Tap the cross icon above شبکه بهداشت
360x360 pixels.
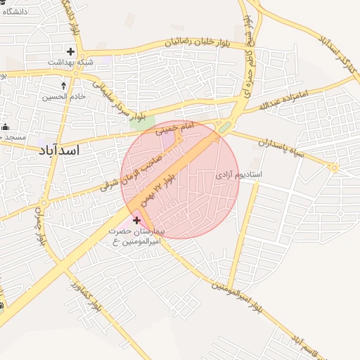[x=70, y=51]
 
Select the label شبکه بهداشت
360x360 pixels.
[x=70, y=63]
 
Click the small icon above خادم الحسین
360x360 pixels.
[x=64, y=84]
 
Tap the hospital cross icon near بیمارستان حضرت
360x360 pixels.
[x=136, y=220]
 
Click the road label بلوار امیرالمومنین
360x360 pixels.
[x=239, y=296]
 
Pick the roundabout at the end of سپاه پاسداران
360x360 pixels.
[x=335, y=167]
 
